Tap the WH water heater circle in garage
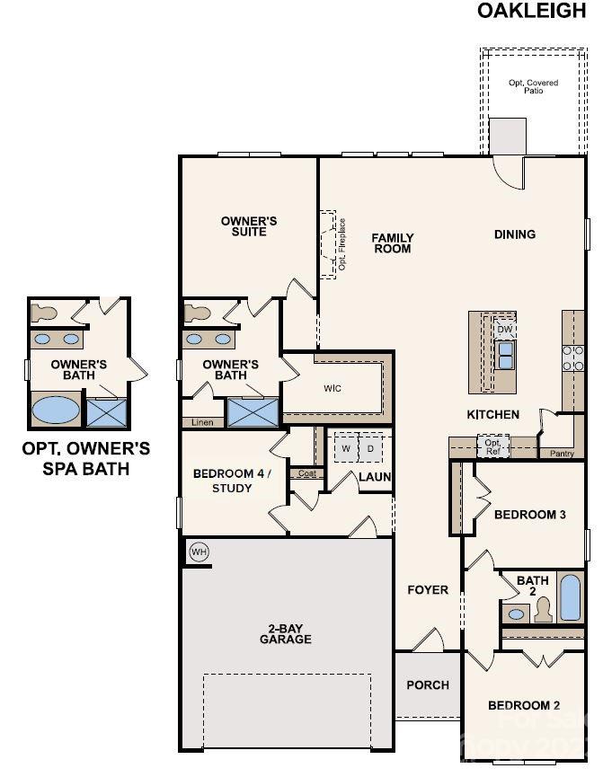coord(199,552)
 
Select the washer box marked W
coord(345,447)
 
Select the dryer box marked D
coord(370,447)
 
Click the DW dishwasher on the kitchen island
coord(505,329)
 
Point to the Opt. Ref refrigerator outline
coord(492,445)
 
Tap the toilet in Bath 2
coord(543,612)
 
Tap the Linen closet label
coord(202,422)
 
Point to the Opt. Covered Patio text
coord(533,86)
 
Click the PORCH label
coord(428,684)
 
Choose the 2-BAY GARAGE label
coord(286,633)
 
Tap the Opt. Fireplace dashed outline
coord(328,244)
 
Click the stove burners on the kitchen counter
coord(572,358)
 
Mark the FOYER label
coord(428,590)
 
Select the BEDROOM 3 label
coord(530,515)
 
